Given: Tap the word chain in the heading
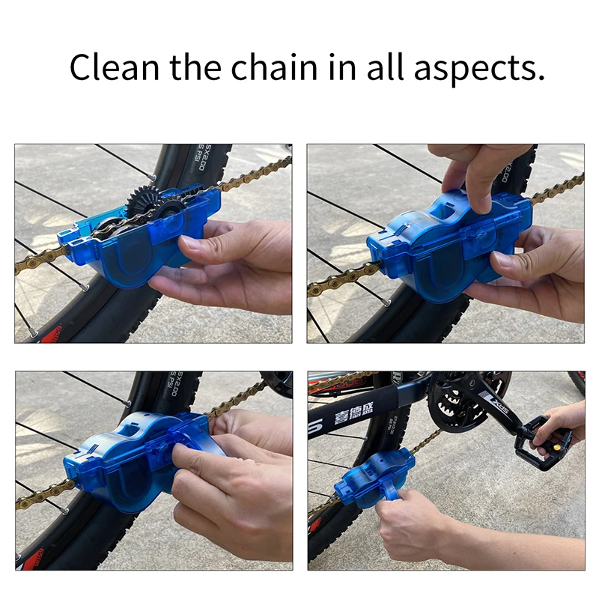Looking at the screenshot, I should [276, 67].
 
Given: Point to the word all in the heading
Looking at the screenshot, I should [383, 67].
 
